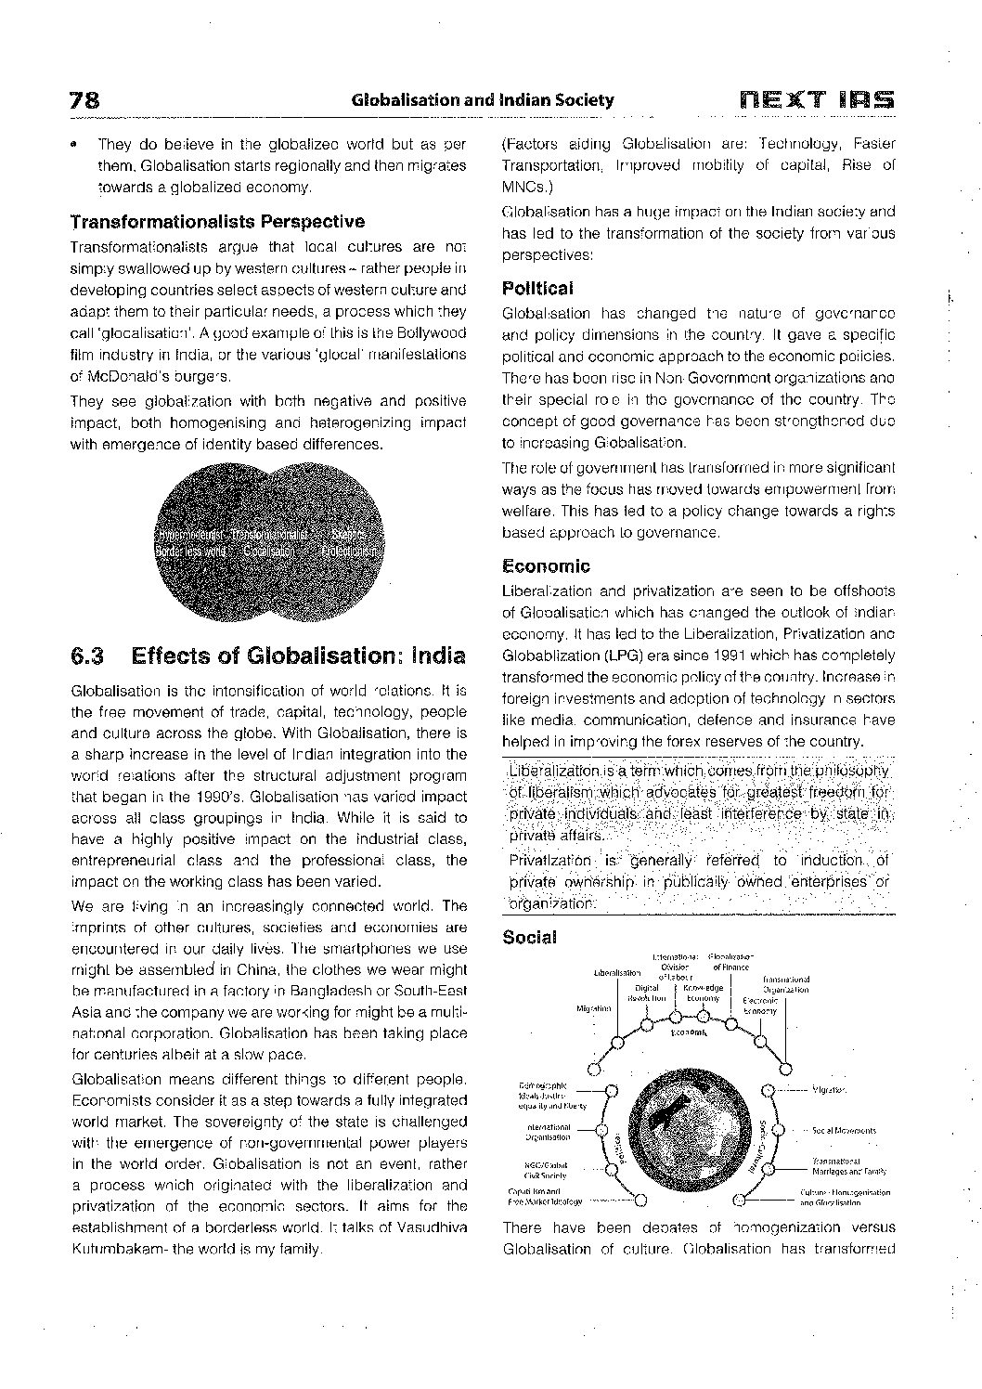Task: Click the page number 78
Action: tap(85, 100)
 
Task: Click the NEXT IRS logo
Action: tap(817, 99)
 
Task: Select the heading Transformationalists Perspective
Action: tap(217, 222)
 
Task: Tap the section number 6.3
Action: tap(87, 656)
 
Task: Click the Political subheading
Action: tap(537, 288)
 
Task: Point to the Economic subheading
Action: tap(546, 565)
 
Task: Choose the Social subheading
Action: tap(529, 938)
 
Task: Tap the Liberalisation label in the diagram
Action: tap(616, 973)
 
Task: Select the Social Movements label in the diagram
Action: tap(843, 1130)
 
